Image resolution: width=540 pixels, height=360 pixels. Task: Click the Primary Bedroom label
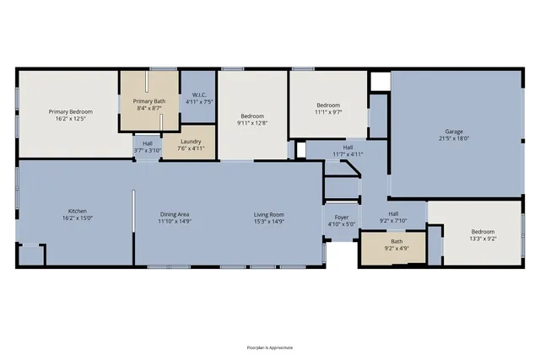pyautogui.click(x=70, y=111)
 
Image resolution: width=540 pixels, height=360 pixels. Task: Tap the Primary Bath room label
pyautogui.click(x=148, y=101)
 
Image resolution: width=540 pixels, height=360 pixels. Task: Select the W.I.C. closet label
pyautogui.click(x=199, y=94)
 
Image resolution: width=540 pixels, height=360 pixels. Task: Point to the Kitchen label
pyautogui.click(x=78, y=211)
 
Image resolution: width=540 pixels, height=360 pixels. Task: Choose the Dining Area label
pyautogui.click(x=176, y=214)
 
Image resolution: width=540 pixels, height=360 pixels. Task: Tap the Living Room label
pyautogui.click(x=269, y=214)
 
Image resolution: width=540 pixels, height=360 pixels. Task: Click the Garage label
pyautogui.click(x=454, y=131)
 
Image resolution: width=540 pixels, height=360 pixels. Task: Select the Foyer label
pyautogui.click(x=342, y=218)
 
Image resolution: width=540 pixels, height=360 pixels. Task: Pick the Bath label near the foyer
pyautogui.click(x=396, y=241)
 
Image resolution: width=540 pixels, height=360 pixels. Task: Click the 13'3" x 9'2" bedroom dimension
pyautogui.click(x=483, y=238)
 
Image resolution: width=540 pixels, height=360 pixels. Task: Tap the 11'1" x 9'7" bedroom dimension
pyautogui.click(x=327, y=111)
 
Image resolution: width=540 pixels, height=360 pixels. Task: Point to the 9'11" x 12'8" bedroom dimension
pyautogui.click(x=252, y=123)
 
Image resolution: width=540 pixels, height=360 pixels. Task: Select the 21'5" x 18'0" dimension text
pyautogui.click(x=454, y=138)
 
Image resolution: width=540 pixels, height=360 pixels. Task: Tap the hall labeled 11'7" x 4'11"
pyautogui.click(x=348, y=154)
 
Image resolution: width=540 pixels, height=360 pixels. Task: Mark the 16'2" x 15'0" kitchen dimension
pyautogui.click(x=78, y=218)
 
